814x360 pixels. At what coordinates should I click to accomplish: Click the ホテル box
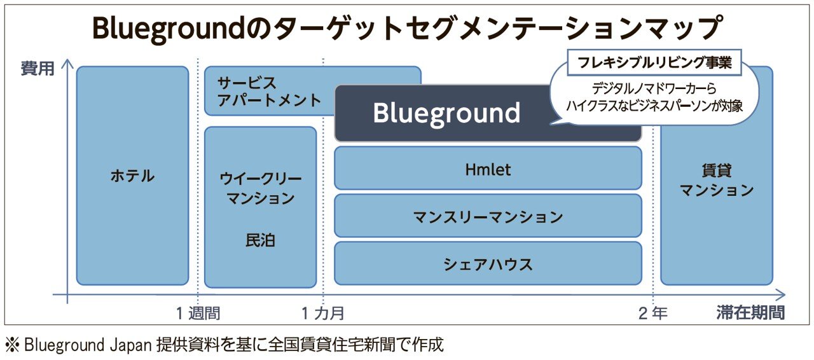(132, 176)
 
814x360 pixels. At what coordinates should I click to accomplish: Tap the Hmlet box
(488, 169)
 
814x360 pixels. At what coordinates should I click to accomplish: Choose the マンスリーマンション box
(488, 217)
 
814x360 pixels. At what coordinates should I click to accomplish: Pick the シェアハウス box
(488, 264)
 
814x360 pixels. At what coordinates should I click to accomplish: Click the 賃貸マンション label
(717, 180)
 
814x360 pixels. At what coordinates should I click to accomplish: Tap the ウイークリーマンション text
(261, 189)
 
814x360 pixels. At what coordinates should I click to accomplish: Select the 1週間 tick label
(198, 313)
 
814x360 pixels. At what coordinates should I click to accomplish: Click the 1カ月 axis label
(323, 313)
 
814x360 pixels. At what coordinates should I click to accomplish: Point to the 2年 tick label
(653, 313)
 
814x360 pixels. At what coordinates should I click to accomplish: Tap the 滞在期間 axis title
(750, 313)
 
